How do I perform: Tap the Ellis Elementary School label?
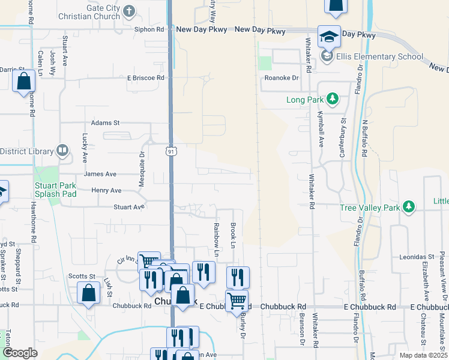(x=379, y=57)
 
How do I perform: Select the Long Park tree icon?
(x=330, y=99)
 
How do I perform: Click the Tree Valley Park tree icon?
(x=409, y=208)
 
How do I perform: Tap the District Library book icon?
(x=62, y=151)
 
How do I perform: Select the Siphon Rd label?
(x=149, y=29)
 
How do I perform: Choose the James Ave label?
(x=100, y=174)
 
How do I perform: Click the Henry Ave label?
(x=106, y=190)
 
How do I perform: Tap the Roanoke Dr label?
(x=282, y=78)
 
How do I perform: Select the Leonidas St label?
(x=399, y=257)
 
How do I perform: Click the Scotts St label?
(x=82, y=276)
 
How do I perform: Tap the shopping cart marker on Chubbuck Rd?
(x=237, y=299)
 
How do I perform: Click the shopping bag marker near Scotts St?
(x=88, y=292)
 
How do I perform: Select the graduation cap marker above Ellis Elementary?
(x=329, y=37)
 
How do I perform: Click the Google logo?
(x=20, y=353)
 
